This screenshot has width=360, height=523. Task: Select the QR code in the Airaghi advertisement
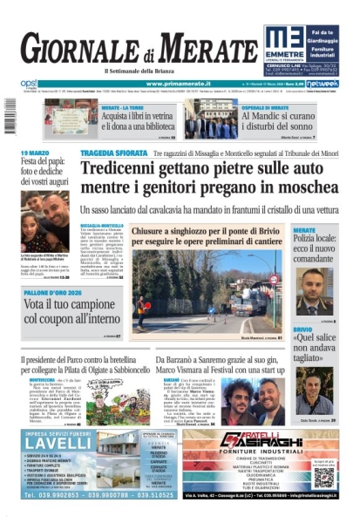tap(324, 477)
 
